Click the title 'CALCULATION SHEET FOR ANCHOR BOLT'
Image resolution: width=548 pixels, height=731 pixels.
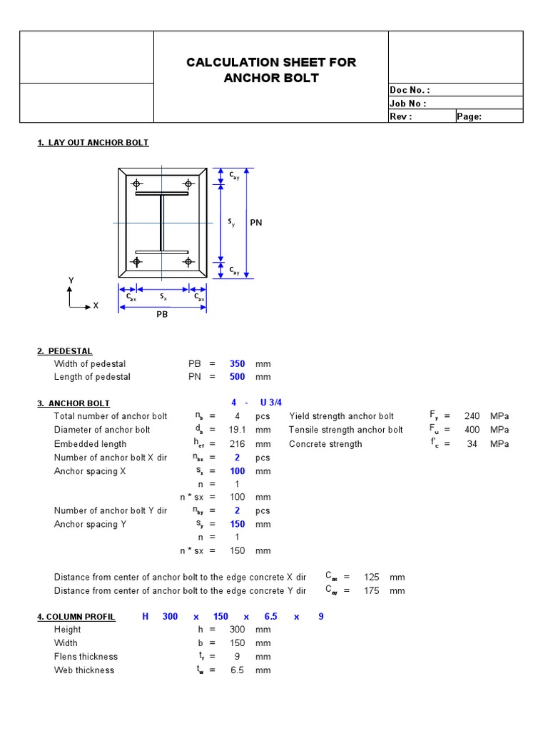[x=271, y=70]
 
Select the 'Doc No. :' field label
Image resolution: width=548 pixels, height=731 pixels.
[x=410, y=90]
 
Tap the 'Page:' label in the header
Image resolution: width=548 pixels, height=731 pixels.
[x=469, y=116]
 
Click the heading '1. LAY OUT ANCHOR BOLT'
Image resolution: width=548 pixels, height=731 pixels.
[x=93, y=143]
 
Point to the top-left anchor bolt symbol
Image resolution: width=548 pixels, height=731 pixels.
[x=136, y=185]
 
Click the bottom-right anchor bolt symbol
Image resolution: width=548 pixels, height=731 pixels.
[x=188, y=262]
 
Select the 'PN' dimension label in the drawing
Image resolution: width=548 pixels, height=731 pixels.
[x=256, y=223]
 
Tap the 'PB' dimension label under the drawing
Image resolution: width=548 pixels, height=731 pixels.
[x=162, y=314]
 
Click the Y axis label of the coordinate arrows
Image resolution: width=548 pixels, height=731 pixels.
[x=71, y=281]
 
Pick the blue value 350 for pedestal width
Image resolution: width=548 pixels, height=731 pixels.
[x=237, y=364]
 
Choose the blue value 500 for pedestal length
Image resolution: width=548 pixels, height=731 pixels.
[x=237, y=377]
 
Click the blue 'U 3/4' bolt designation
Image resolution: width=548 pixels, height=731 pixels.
[x=271, y=403]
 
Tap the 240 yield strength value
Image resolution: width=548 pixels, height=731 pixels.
[x=472, y=416]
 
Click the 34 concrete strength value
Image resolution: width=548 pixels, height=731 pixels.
[x=472, y=444]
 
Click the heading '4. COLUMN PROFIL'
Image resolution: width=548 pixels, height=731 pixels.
[x=76, y=617]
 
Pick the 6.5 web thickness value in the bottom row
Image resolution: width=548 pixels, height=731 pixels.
[x=238, y=670]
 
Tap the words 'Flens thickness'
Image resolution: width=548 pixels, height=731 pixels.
[x=86, y=657]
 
